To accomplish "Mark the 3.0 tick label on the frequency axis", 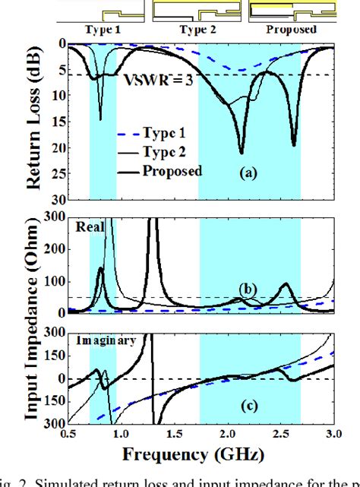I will point(334,433).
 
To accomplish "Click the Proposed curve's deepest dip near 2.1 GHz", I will point(242,151).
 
